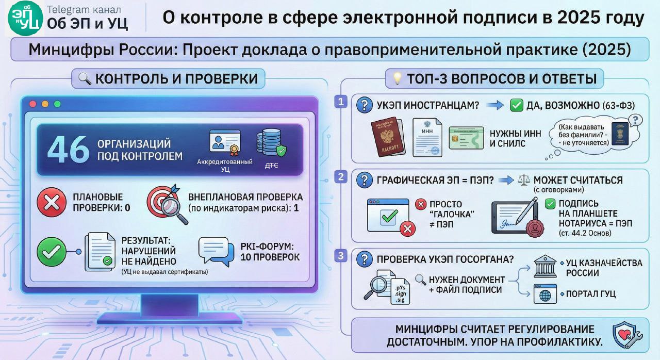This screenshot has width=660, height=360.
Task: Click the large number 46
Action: [68, 150]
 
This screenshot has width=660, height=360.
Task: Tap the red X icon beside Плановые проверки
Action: [51, 203]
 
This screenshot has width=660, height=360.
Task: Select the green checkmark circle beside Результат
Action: [51, 251]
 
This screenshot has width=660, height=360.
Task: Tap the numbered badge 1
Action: [341, 101]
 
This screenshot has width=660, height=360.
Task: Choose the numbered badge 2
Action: [341, 177]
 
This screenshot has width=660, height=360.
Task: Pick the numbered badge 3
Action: [341, 255]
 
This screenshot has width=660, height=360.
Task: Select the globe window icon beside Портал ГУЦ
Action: [545, 294]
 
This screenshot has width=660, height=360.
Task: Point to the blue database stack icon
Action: [271, 144]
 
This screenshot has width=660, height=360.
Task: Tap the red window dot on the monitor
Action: [33, 104]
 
